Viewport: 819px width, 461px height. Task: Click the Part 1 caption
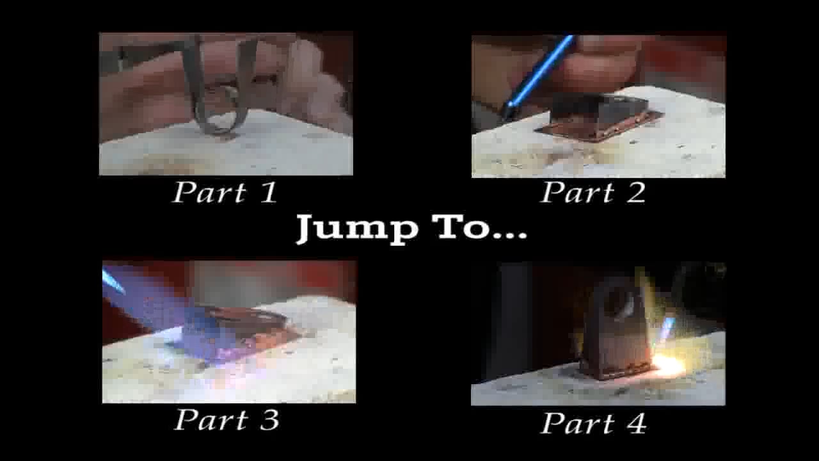point(225,192)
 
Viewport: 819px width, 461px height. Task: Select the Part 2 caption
point(593,192)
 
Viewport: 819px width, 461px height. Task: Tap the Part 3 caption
point(227,420)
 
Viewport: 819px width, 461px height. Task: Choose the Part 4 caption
point(593,423)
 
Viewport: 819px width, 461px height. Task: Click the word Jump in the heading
point(355,228)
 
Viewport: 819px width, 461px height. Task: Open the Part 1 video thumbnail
point(225,104)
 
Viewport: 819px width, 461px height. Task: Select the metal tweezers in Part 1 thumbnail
point(221,90)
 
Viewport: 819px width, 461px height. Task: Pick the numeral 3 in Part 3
point(268,420)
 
